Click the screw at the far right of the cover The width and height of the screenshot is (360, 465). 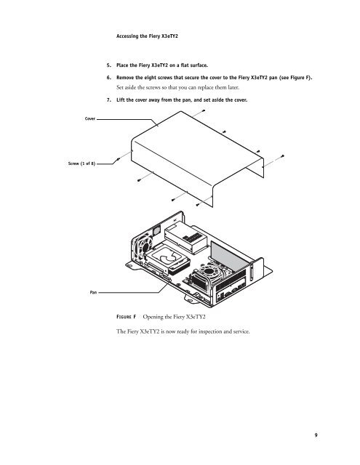coord(281,156)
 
